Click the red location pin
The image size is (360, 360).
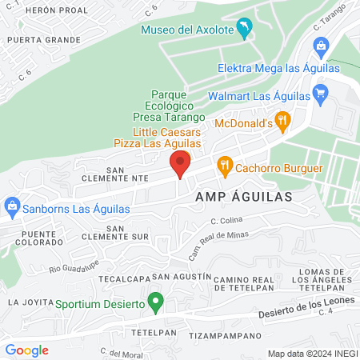click(x=181, y=162)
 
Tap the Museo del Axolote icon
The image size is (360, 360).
click(x=244, y=30)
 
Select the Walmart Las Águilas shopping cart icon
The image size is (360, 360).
click(x=321, y=95)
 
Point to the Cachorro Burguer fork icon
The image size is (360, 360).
click(x=226, y=168)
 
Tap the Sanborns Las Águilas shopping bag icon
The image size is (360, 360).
click(x=11, y=207)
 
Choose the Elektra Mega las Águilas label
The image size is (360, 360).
click(x=278, y=68)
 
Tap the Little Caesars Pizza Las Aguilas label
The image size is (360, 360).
click(x=166, y=136)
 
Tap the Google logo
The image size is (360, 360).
click(x=26, y=350)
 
